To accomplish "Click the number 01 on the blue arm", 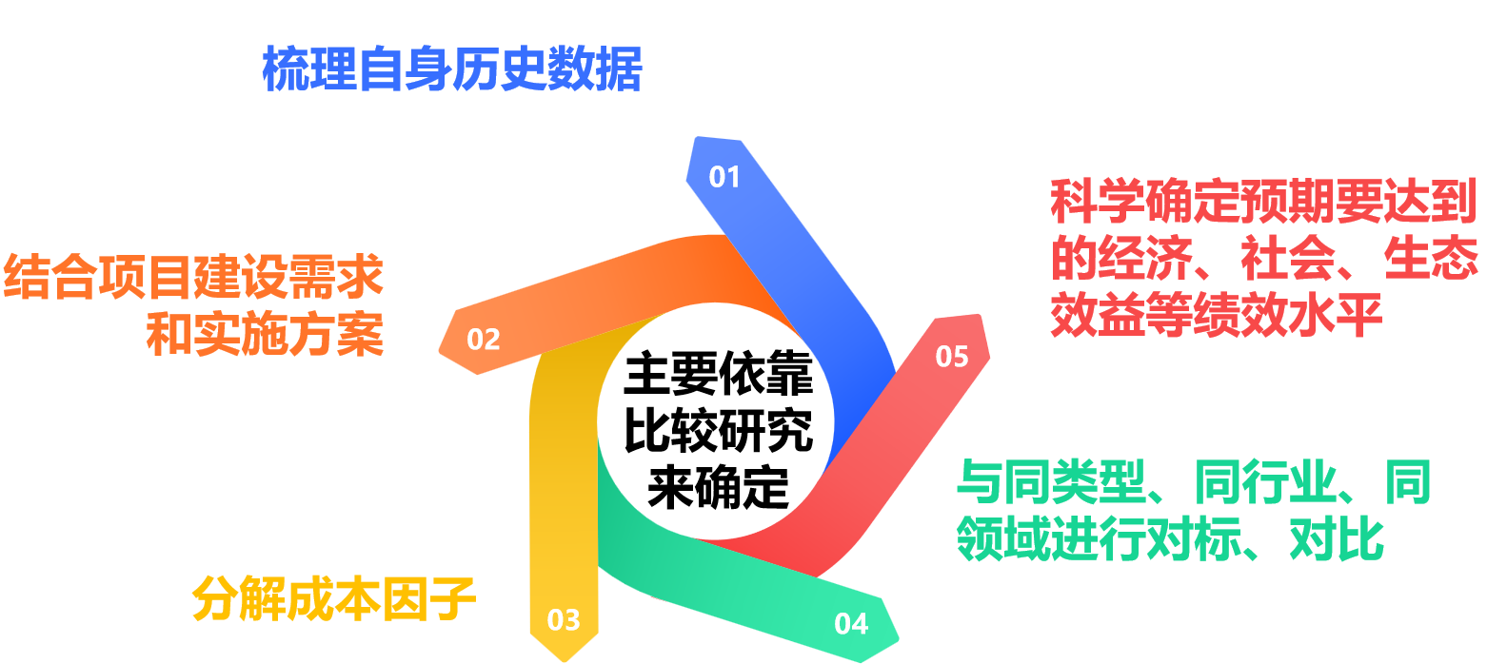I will (724, 178).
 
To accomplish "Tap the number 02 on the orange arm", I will (484, 340).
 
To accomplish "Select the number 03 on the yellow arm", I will (564, 620).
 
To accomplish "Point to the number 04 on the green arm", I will (851, 624).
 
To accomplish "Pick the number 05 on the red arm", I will (951, 357).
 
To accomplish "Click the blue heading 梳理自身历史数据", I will (452, 68).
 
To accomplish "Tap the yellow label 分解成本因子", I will (334, 598).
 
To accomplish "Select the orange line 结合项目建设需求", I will (193, 278).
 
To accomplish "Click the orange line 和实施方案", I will (265, 334).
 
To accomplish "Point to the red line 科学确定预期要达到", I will (1263, 202).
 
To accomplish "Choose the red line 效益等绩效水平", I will (1216, 316).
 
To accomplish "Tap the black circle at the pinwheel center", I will (715, 420).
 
